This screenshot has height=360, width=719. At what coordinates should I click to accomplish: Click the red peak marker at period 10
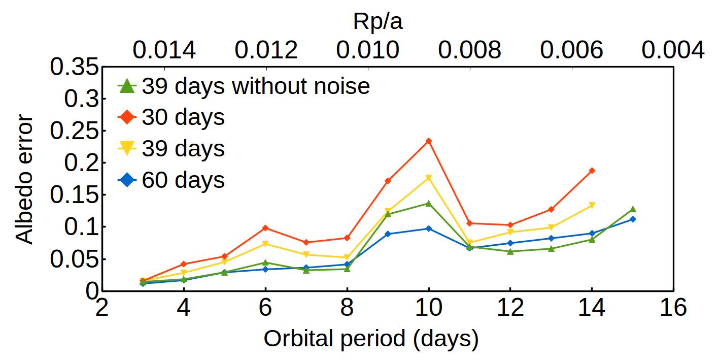tap(428, 141)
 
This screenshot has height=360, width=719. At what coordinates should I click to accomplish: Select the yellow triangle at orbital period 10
tap(428, 178)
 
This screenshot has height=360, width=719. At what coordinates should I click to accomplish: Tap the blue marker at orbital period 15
tap(632, 219)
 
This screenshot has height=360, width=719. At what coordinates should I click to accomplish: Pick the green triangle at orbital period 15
tap(632, 209)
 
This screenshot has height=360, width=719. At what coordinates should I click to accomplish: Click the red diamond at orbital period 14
tap(592, 171)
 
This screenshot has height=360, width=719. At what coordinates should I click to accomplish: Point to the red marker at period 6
tap(265, 228)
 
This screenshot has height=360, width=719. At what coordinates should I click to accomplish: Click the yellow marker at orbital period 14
tap(592, 205)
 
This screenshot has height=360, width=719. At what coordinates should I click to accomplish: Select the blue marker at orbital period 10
tap(428, 228)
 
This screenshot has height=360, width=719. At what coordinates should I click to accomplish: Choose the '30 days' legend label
tap(183, 118)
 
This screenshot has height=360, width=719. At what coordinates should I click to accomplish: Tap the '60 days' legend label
tap(183, 180)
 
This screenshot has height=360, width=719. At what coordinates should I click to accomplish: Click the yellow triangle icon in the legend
tap(127, 149)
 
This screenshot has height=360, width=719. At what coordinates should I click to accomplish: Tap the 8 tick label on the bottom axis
tap(347, 308)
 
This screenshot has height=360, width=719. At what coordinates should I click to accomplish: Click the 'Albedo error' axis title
tap(24, 180)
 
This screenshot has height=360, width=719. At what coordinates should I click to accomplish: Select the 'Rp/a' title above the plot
tap(378, 21)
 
